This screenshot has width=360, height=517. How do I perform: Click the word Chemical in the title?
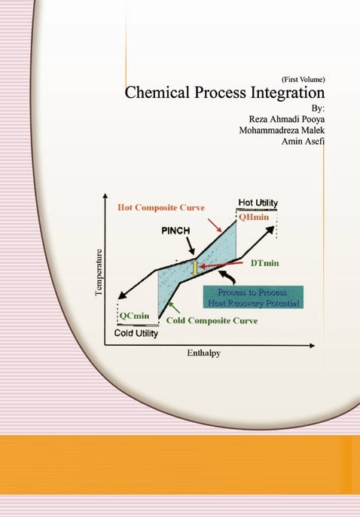tap(157, 92)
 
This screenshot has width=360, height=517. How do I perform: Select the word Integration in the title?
tap(288, 93)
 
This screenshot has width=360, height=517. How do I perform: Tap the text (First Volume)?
tap(304, 79)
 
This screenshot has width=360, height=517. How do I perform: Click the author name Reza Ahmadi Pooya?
tap(286, 119)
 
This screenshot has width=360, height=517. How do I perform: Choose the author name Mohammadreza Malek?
tap(282, 130)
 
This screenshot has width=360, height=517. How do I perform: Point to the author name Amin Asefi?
tap(303, 141)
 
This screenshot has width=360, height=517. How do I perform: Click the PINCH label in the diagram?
tap(175, 231)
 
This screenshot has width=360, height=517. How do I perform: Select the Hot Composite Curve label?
tap(161, 208)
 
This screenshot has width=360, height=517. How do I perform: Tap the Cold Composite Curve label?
tap(212, 320)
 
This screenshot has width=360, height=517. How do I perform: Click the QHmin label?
tap(254, 217)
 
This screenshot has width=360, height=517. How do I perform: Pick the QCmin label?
tap(134, 316)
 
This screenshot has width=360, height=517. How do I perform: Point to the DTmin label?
tap(264, 263)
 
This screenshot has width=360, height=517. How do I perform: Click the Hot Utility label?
tap(258, 203)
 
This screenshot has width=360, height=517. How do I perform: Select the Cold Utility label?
tap(136, 333)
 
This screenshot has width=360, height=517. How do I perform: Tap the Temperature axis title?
tap(99, 273)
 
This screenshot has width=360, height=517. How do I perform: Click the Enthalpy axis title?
tap(203, 353)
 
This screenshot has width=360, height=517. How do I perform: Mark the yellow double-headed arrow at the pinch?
tap(195, 268)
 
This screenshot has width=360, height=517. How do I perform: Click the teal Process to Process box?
tap(253, 297)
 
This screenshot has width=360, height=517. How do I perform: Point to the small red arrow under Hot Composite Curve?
tap(215, 225)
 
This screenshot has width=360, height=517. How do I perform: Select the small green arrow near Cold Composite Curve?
tap(174, 307)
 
